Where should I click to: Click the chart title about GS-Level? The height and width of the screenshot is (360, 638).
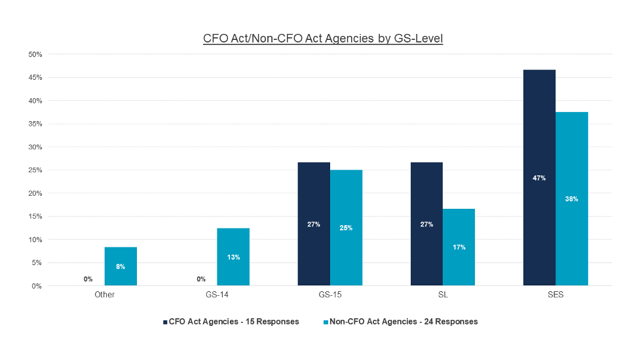[323, 39]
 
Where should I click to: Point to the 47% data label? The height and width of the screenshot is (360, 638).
[539, 178]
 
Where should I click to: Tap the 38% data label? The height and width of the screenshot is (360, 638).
[572, 199]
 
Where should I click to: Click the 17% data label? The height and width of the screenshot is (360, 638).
[459, 247]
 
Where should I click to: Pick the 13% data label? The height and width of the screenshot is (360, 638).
[233, 257]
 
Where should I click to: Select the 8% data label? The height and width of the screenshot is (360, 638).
[121, 266]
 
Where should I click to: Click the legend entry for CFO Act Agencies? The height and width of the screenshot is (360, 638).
[231, 321]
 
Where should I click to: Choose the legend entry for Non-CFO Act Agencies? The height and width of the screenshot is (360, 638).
[401, 321]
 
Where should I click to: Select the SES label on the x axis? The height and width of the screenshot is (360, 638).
[555, 295]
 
